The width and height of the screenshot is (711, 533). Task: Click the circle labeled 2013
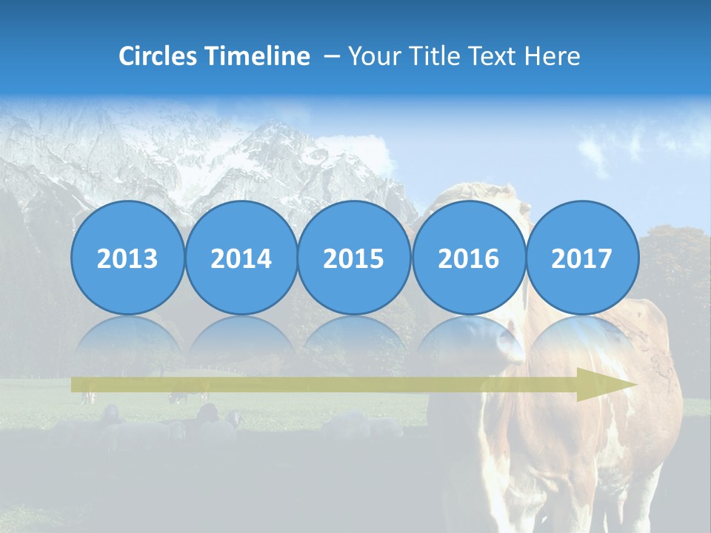pos(127,258)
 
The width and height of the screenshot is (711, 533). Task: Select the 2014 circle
pos(241,258)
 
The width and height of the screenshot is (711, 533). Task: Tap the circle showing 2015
pos(354,258)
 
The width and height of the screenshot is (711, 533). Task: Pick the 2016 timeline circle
pos(468,258)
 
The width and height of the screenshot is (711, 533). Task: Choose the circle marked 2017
pos(581,258)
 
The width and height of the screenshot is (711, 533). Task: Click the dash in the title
pos(331,56)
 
